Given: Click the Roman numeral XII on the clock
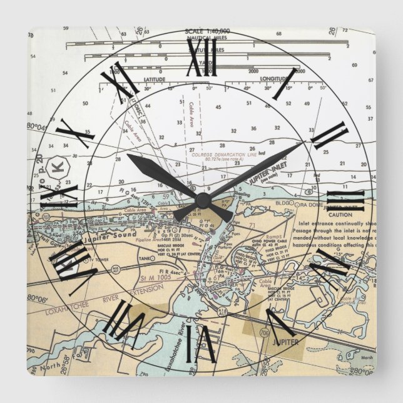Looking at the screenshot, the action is pyautogui.click(x=202, y=61).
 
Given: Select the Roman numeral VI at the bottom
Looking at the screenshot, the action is pyautogui.click(x=201, y=340).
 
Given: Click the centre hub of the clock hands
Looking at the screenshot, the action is pyautogui.click(x=202, y=200).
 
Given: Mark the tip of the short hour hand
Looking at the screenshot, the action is pyautogui.click(x=128, y=155).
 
